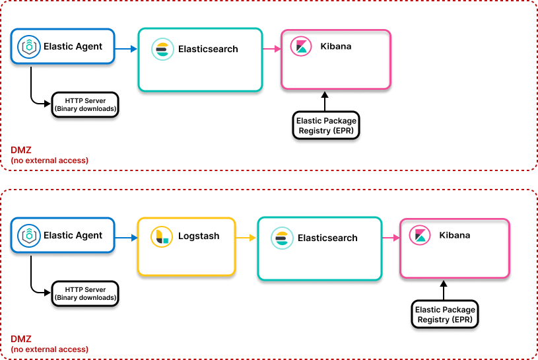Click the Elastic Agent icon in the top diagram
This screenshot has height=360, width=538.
(29, 46)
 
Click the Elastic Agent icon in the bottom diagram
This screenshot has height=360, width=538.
(29, 235)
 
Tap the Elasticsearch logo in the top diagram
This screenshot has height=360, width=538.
(162, 50)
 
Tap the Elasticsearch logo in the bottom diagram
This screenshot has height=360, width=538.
(282, 238)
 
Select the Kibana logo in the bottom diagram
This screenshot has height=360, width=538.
(420, 235)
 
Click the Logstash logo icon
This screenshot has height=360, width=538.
(162, 236)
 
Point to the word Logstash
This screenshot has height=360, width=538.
(199, 236)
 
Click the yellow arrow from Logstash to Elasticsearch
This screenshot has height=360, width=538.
(246, 237)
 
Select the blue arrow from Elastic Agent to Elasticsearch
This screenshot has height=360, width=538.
(125, 48)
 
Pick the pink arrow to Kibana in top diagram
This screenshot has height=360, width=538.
(271, 48)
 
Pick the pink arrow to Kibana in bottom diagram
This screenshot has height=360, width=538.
(390, 237)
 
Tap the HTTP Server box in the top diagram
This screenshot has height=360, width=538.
(85, 105)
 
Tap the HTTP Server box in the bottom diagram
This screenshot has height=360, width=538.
(85, 293)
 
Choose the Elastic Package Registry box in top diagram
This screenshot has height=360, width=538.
(326, 126)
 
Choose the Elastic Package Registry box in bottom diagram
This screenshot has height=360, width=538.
(445, 314)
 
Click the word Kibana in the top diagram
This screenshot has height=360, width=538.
(335, 46)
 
